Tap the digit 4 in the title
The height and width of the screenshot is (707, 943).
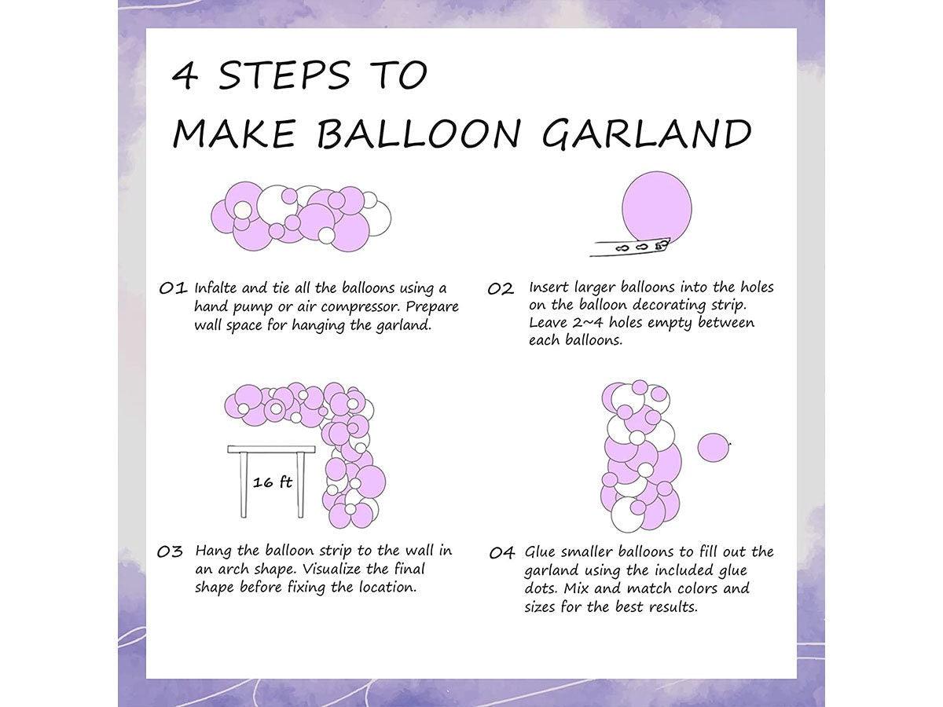(x=185, y=76)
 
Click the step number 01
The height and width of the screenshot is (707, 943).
(x=173, y=288)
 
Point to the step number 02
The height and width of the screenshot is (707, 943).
(x=501, y=289)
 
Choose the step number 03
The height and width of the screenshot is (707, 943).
(x=171, y=551)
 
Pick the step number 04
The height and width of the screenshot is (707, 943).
(x=502, y=553)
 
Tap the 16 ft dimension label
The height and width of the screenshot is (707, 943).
(x=272, y=482)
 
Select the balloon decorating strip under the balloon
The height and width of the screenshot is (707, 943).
(x=629, y=248)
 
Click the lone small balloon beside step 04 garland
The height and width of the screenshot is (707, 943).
(x=714, y=448)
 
